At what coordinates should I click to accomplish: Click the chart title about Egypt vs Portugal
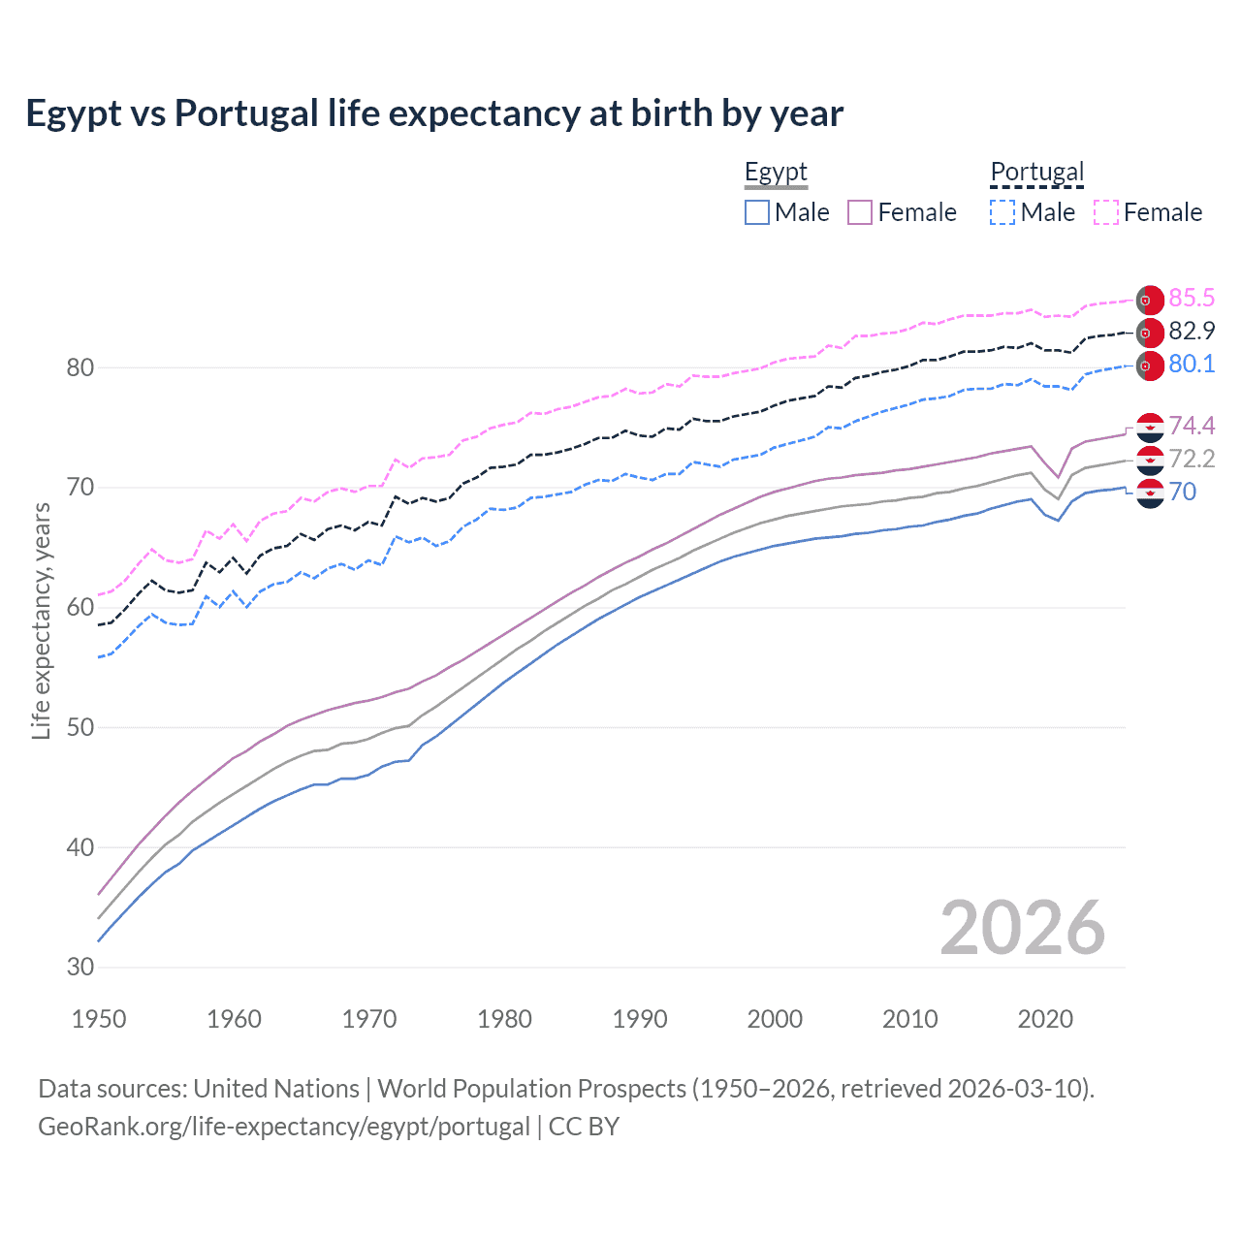(434, 113)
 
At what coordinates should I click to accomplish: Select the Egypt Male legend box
(757, 212)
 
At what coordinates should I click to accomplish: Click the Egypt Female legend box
(860, 212)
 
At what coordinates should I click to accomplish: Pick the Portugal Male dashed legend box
(1002, 212)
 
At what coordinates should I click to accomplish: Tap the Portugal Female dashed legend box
(1106, 212)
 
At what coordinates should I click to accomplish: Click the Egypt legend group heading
(776, 173)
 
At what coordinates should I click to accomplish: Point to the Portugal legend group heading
(1036, 173)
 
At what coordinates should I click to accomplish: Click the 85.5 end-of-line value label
(1192, 299)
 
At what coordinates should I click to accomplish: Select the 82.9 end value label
(1192, 332)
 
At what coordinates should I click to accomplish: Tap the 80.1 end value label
(1192, 365)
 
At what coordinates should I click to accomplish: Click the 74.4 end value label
(1192, 427)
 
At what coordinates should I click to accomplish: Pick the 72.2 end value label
(1192, 460)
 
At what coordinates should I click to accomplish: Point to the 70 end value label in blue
(1183, 493)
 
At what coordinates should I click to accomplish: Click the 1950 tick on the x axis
(99, 1019)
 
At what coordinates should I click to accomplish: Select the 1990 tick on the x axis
(640, 1019)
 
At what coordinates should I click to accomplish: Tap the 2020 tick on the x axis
(1045, 1019)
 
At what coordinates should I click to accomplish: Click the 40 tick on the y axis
(80, 847)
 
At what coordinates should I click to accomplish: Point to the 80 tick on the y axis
(80, 367)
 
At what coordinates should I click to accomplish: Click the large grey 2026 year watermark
(1022, 929)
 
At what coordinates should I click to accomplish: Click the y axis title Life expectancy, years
(41, 620)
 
